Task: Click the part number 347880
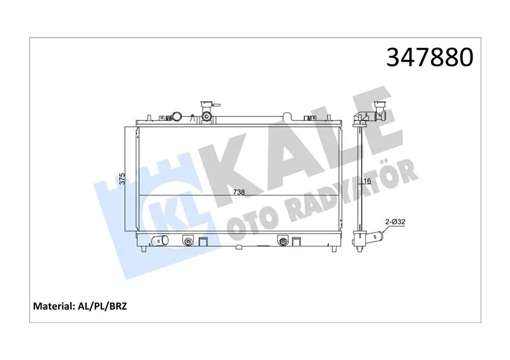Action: (x=430, y=57)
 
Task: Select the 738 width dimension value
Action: (x=238, y=192)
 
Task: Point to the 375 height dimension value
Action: (x=122, y=179)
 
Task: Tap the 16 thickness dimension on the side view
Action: (x=367, y=181)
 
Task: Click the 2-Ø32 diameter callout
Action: (x=395, y=222)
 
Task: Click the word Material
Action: (x=54, y=306)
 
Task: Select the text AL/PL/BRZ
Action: (x=102, y=306)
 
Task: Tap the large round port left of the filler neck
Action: (x=177, y=116)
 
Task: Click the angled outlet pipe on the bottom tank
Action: (x=160, y=240)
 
